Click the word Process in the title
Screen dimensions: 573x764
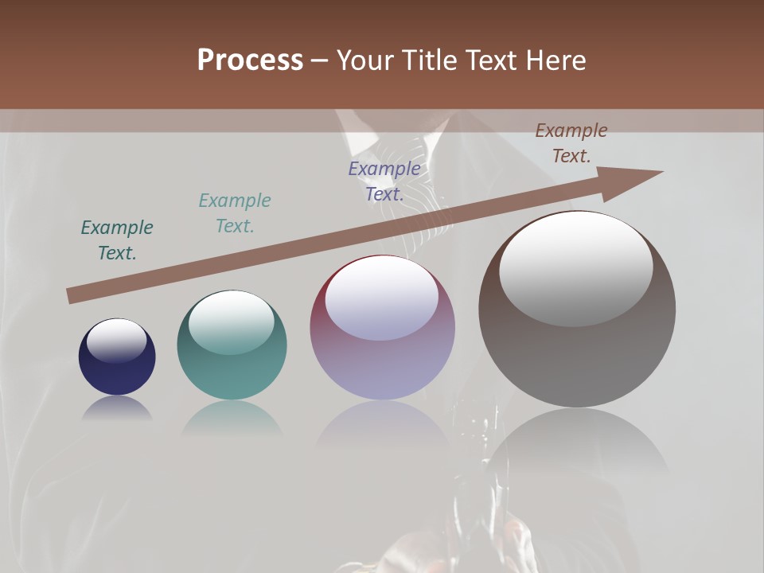250,60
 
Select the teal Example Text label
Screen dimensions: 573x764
235,213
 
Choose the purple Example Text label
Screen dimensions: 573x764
384,181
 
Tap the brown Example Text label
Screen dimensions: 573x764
571,143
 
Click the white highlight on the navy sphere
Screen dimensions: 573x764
117,340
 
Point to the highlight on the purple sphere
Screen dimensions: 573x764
382,298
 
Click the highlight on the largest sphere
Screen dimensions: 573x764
576,268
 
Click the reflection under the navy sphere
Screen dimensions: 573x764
117,408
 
